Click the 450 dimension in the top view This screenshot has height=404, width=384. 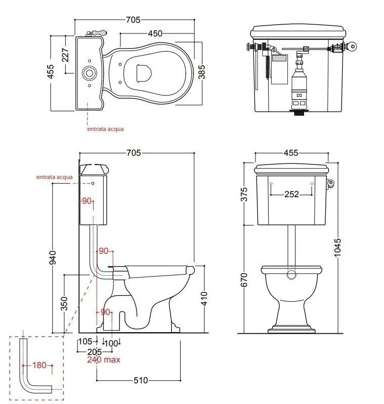click(155, 33)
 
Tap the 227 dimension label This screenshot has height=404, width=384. click(65, 55)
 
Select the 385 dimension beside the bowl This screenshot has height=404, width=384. click(201, 72)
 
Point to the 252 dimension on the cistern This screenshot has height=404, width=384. click(291, 194)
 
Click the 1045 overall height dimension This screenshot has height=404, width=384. click(337, 248)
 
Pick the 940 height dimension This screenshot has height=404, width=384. click(52, 257)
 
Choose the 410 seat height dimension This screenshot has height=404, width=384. click(204, 299)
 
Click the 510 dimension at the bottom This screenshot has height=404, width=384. click(141, 380)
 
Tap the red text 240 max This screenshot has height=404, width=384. click(104, 360)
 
